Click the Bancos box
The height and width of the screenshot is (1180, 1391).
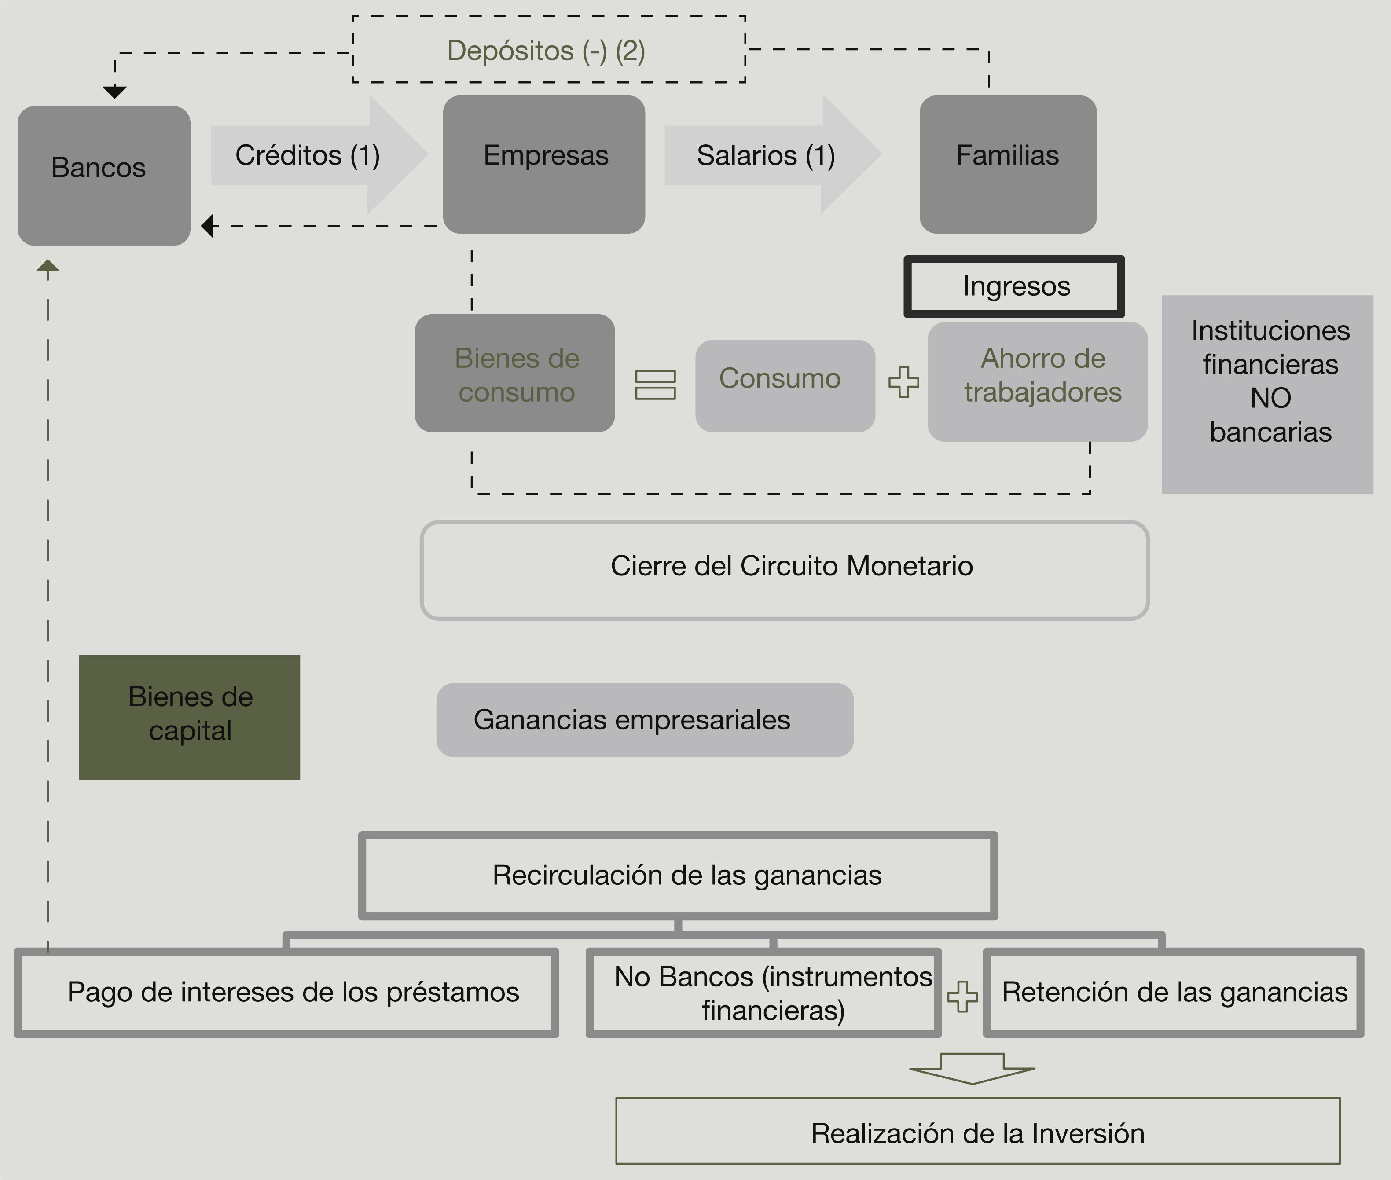[104, 175]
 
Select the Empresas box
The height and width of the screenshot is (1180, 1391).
[544, 164]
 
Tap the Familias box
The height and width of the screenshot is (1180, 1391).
[1008, 164]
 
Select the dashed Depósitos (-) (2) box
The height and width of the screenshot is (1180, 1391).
[549, 50]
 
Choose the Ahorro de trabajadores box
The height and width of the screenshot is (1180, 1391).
[1037, 381]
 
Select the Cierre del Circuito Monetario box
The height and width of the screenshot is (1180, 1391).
[784, 570]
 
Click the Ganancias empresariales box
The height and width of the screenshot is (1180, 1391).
[644, 720]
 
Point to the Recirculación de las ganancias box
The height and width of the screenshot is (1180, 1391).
[678, 876]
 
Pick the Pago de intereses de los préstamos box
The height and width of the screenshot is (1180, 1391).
[286, 993]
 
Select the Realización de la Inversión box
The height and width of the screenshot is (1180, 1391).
[977, 1133]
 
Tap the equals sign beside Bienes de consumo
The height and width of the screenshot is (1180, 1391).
[655, 385]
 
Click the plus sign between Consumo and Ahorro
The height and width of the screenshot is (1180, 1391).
[903, 382]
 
